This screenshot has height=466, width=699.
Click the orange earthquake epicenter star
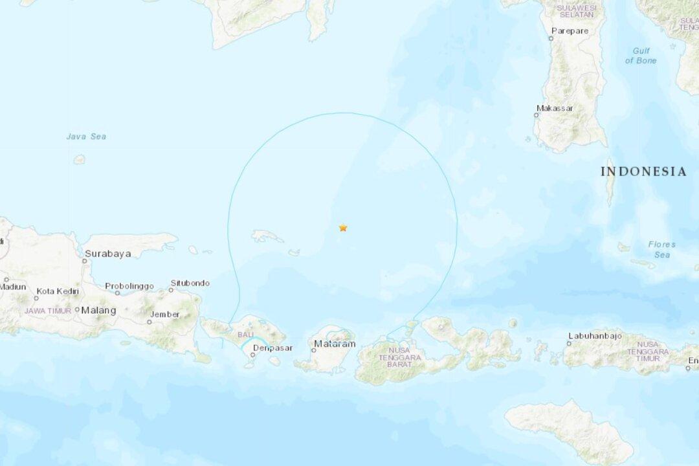tap(343, 228)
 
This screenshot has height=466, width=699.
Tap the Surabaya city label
tap(107, 254)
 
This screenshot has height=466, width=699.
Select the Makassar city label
tap(555, 108)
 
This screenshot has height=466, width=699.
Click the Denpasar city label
tap(272, 348)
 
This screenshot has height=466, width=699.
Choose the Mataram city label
tap(335, 344)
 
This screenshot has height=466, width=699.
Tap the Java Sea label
tap(86, 137)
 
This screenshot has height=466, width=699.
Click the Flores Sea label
tap(661, 249)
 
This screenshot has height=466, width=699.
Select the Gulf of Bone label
tap(641, 56)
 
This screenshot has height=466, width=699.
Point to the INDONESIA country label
tap(643, 172)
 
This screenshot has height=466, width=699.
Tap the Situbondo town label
tap(190, 283)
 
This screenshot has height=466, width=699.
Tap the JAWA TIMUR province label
tap(47, 311)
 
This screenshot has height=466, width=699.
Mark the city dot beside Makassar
tap(536, 115)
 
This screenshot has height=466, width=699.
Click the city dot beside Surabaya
tap(86, 261)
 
